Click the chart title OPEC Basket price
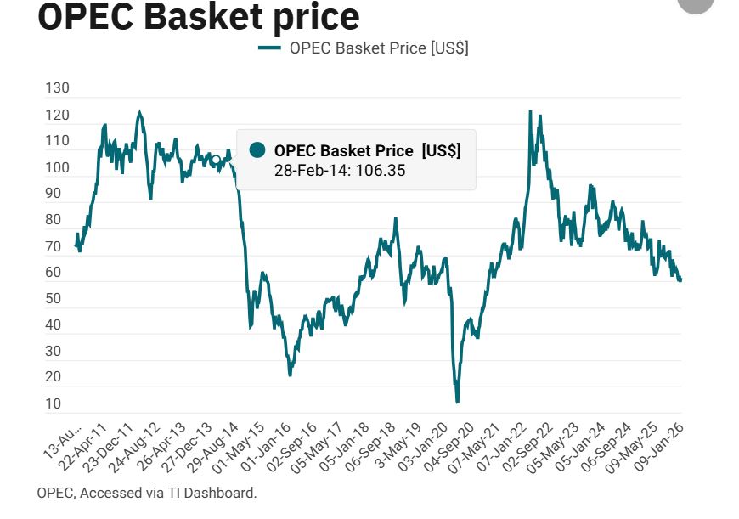click(199, 17)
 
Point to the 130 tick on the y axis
click(58, 88)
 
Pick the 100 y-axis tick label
click(58, 167)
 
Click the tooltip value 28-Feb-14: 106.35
click(340, 171)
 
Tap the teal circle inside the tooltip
click(258, 150)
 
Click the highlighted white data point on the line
click(216, 160)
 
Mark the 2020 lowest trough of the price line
click(457, 401)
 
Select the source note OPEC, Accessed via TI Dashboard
click(147, 493)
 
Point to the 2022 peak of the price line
click(530, 111)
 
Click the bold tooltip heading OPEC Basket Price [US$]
click(367, 150)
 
